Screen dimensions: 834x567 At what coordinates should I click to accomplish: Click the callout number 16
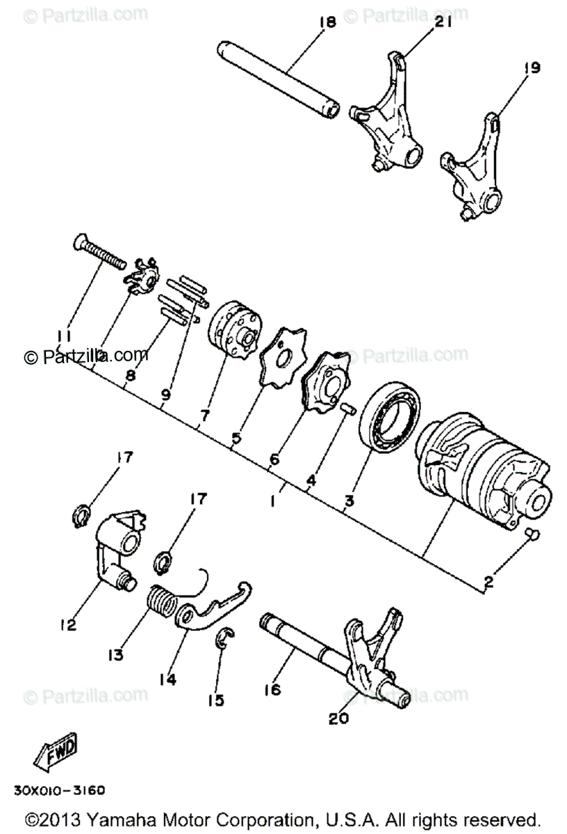[x=272, y=689]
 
